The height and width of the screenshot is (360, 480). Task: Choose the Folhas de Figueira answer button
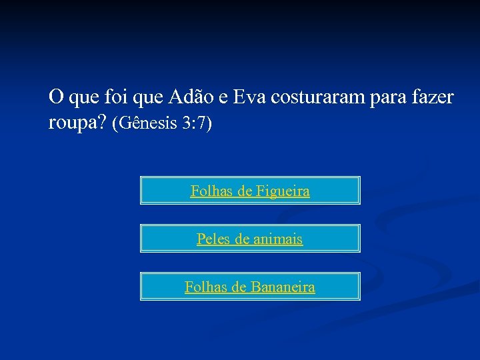coord(250,190)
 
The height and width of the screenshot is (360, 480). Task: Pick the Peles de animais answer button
coord(250,238)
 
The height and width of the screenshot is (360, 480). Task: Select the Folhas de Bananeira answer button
coord(250,286)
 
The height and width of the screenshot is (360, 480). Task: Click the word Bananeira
coord(283,287)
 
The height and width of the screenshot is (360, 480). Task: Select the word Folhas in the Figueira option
coord(209,191)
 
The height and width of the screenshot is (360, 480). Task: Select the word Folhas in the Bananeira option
coord(204,287)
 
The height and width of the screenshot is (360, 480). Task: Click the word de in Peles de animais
coord(241,239)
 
